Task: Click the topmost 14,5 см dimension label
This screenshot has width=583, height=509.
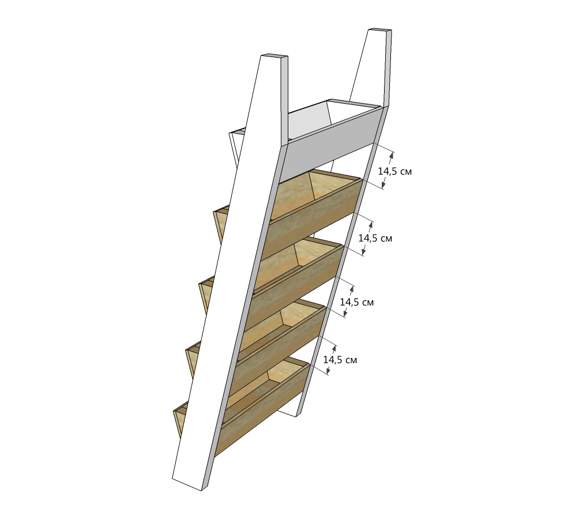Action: point(395,171)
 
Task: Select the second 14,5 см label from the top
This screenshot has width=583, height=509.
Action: point(375,238)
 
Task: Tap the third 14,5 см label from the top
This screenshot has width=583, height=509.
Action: point(357,302)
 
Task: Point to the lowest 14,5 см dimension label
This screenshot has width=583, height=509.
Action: point(340,360)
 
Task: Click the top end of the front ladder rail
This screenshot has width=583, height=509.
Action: point(274,56)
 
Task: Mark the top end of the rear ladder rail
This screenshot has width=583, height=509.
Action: point(380,30)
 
